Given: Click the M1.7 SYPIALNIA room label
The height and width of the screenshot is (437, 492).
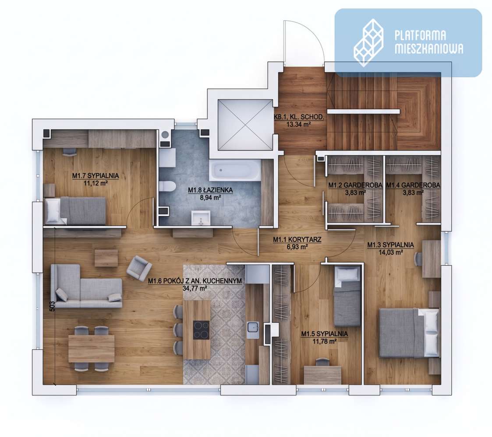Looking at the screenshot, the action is click(96, 176).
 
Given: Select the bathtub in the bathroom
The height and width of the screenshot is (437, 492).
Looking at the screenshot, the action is click(235, 171).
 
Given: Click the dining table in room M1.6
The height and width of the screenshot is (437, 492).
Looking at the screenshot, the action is click(91, 348).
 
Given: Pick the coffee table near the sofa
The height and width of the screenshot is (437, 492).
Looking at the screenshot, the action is click(106, 258).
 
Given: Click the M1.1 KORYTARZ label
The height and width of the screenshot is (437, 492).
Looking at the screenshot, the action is click(297, 240).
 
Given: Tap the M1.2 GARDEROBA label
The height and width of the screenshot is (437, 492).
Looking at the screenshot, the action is click(355, 185).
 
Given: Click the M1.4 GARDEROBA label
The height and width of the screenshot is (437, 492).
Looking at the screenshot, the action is click(413, 185).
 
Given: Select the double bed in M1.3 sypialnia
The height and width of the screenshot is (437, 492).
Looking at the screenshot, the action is click(409, 333).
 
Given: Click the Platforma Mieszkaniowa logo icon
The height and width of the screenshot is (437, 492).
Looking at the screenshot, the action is click(369, 42).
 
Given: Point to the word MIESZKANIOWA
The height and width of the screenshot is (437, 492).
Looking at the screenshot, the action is click(429, 49).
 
